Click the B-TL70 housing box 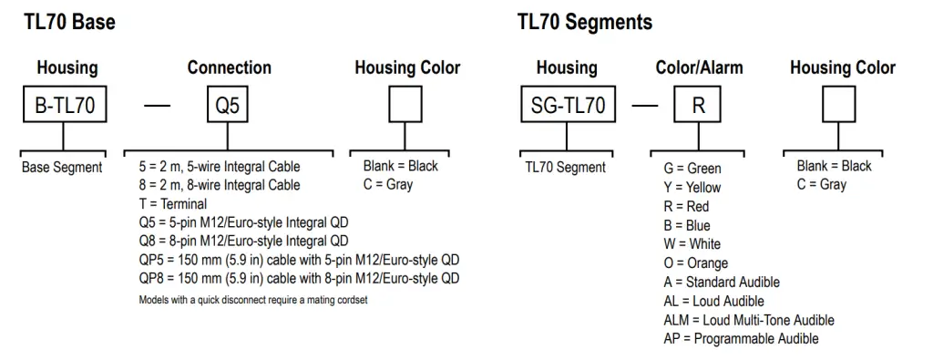coord(64,106)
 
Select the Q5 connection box coord(227,106)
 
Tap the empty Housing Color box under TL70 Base coord(405,106)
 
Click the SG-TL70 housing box coord(567,106)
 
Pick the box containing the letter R coord(699,106)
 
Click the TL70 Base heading coord(69,23)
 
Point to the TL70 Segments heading coord(585,23)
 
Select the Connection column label coord(229,67)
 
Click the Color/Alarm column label coord(699,67)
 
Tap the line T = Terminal coord(172,204)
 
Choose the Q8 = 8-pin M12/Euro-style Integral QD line coord(243,242)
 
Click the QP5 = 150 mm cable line coord(299,260)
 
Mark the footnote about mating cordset coord(253,300)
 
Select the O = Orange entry coord(696,263)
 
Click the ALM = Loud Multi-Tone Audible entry coord(749,320)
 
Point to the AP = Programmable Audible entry coord(741,339)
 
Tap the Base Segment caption coord(62,168)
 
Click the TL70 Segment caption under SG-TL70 coord(565,168)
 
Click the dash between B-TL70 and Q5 coord(158,106)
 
